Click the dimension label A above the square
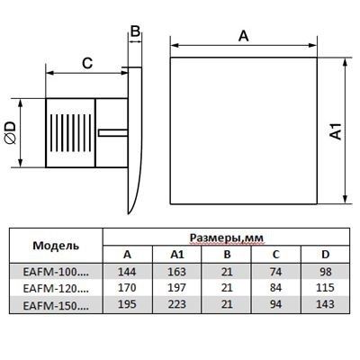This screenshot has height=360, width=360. click(243, 36)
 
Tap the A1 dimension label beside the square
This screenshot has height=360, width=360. click(336, 131)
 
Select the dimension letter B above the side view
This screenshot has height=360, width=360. click(136, 31)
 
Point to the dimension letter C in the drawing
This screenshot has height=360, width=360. click(87, 63)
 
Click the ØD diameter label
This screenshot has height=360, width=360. click(11, 132)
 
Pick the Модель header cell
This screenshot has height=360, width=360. click(56, 246)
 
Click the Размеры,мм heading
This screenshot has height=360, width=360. click(227, 238)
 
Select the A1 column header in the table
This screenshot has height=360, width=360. click(177, 255)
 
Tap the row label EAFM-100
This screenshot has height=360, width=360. click(56, 272)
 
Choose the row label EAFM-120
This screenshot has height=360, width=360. click(56, 288)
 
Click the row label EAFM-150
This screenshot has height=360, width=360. click(56, 305)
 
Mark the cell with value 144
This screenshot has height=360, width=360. click(127, 272)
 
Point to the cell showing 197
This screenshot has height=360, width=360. click(177, 288)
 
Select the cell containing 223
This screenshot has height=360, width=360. click(177, 304)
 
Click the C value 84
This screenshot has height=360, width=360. click(275, 288)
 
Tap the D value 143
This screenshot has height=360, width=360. click(325, 304)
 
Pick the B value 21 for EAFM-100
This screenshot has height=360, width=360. click(227, 272)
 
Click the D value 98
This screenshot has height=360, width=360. click(326, 272)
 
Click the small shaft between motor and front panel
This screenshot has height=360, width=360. click(112, 132)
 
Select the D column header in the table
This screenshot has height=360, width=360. click(326, 255)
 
